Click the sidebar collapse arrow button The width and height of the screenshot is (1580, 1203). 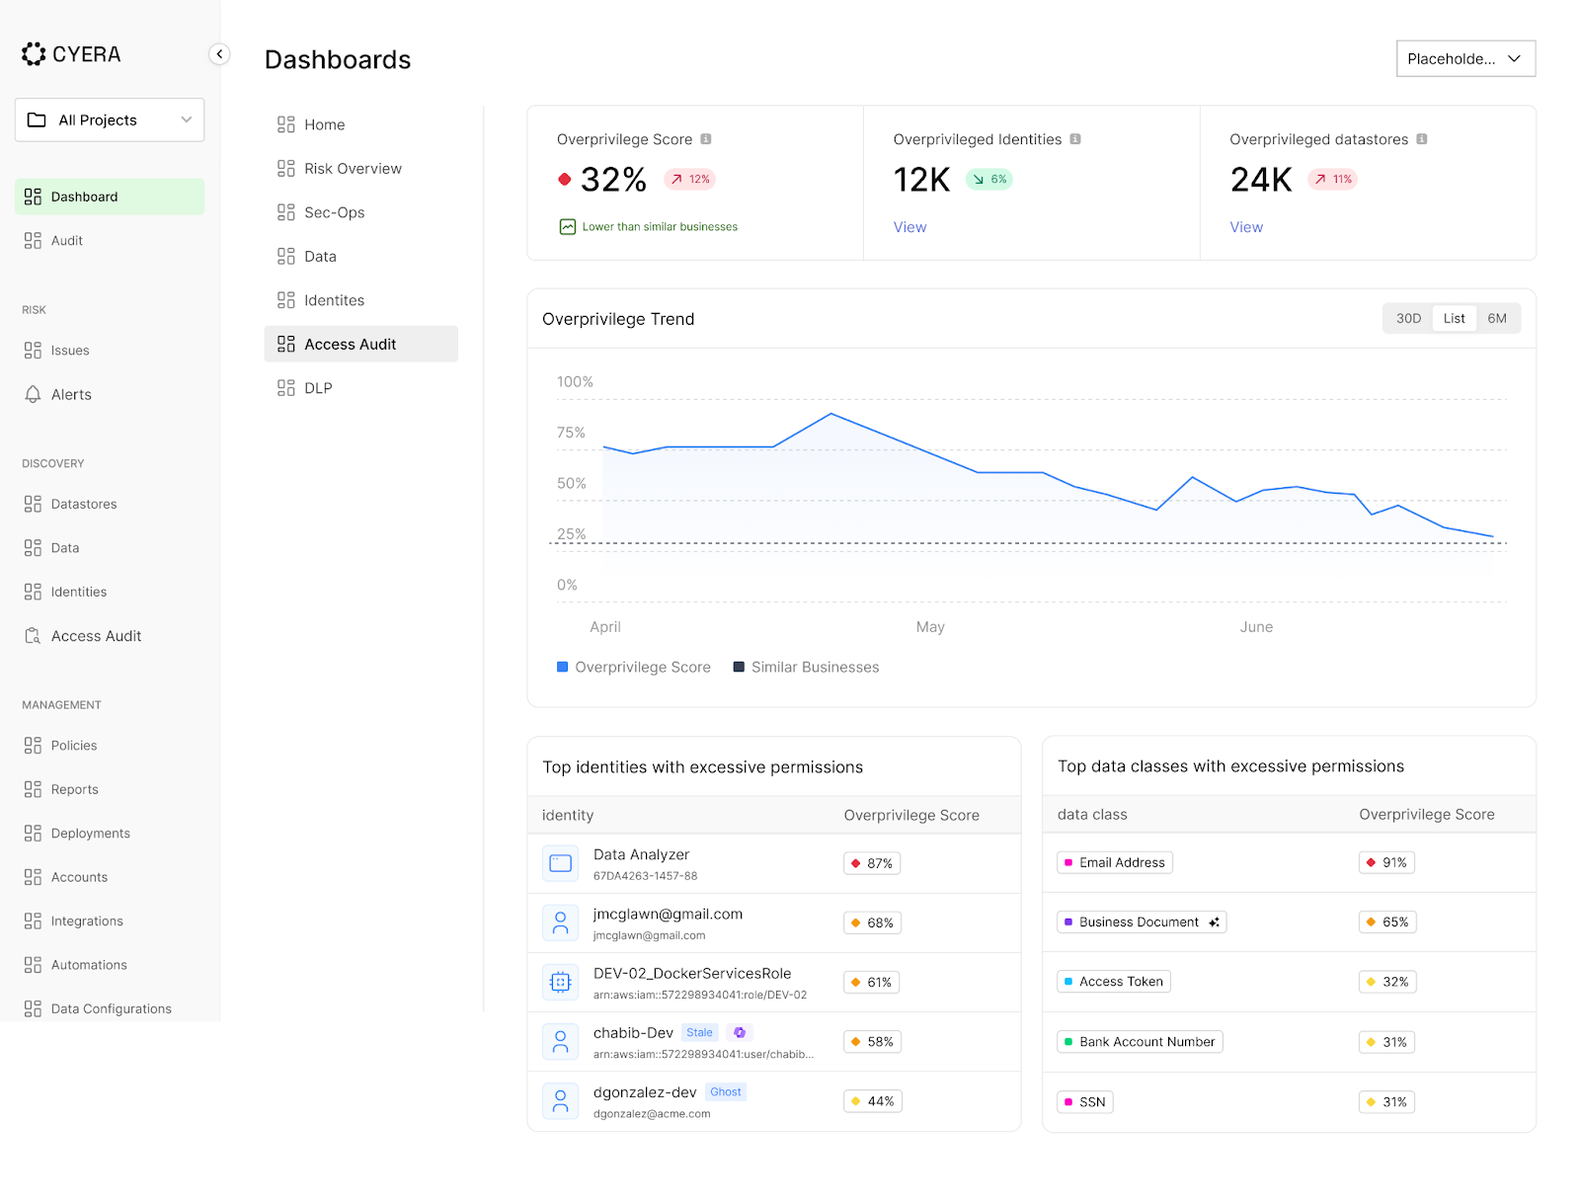tap(219, 54)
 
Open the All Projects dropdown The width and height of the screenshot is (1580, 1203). tap(110, 120)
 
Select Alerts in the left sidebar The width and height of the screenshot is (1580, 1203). tap(71, 394)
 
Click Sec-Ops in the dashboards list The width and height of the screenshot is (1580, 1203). tap(334, 212)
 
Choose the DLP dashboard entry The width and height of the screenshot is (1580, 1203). tap(318, 388)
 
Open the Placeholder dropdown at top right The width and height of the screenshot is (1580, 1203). tap(1465, 58)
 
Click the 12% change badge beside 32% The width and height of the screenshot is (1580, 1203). tap(690, 180)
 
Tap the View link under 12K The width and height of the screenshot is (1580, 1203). tap(909, 227)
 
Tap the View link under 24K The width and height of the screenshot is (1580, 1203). tap(1245, 227)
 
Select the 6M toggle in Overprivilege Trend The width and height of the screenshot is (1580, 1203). tap(1497, 318)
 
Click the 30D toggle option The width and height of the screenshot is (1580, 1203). tap(1408, 318)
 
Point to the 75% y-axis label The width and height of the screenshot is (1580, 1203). tap(571, 433)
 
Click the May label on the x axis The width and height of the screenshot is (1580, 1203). tap(930, 627)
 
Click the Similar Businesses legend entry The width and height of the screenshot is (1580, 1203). tap(806, 668)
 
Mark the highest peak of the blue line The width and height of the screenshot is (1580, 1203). tap(831, 414)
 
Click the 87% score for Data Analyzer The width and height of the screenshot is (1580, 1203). tap(873, 863)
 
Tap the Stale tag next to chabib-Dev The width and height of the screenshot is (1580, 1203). tap(699, 1033)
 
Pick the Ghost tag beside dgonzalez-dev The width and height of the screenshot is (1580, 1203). tap(726, 1092)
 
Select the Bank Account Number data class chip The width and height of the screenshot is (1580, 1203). tap(1140, 1042)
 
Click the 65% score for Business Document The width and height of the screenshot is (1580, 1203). tap(1387, 922)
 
